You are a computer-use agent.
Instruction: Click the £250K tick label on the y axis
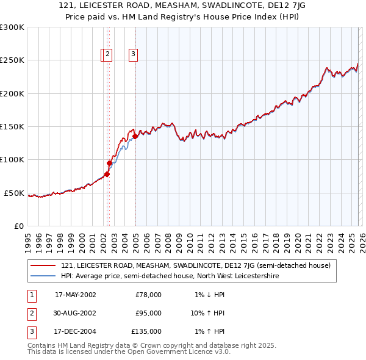point(12,60)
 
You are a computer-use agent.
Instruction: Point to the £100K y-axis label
point(12,160)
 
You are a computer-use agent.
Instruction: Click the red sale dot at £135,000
point(135,136)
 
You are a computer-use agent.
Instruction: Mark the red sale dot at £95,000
point(110,163)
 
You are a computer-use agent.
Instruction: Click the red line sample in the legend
point(43,265)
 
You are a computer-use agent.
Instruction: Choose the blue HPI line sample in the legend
point(43,276)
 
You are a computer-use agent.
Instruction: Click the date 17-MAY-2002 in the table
point(75,295)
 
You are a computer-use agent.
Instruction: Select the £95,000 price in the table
point(148,313)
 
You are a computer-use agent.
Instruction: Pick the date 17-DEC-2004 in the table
point(75,331)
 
